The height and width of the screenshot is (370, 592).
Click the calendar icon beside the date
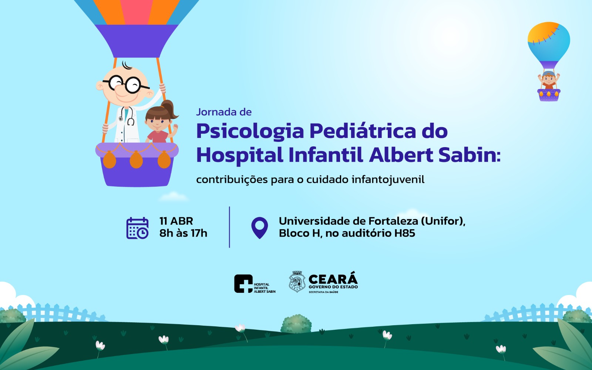coord(137,228)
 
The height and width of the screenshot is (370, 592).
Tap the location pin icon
coord(259,228)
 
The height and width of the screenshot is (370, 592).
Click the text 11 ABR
coord(176,221)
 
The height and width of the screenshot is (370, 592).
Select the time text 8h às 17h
coord(184,233)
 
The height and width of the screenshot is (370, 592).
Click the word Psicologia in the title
coord(250,132)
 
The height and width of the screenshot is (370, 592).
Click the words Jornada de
coord(224,112)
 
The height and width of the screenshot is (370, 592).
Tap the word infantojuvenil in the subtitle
coord(388,180)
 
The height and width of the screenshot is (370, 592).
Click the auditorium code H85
coord(405,233)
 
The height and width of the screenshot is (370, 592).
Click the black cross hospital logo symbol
coord(243,284)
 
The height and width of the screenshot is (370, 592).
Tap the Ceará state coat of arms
coord(297,282)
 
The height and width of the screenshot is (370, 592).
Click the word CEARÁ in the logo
coord(333,279)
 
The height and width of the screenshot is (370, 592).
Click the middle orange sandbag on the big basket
coord(137,159)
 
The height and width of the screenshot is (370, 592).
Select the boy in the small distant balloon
coord(549,80)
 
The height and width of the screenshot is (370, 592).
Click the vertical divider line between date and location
coord(229,227)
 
